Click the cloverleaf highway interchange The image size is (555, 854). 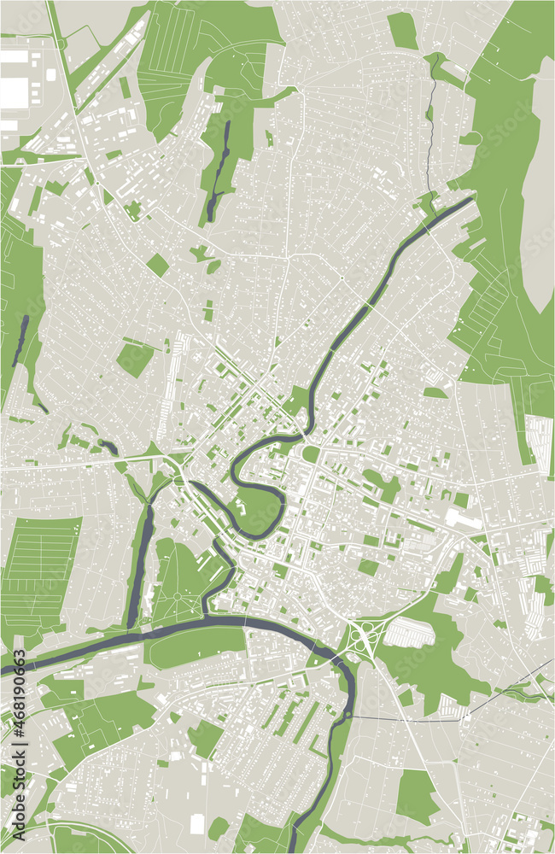click(365, 636)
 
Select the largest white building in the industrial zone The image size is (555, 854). click(14, 92)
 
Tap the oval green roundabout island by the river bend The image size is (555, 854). click(311, 454)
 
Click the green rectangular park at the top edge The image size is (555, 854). click(402, 30)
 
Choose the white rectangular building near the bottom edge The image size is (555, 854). click(197, 825)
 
